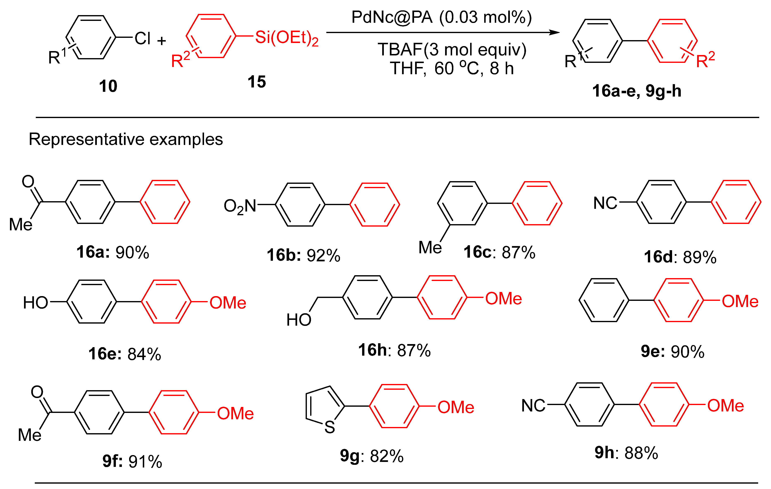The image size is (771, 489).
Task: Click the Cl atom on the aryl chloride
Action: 143,38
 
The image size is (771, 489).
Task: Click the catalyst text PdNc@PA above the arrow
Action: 392,17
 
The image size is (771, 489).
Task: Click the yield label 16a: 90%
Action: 113,252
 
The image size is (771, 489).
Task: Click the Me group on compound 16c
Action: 430,247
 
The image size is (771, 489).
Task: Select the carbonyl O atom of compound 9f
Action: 37,392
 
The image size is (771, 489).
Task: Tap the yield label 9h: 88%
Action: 626,453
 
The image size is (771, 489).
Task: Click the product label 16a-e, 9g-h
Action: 636,91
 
